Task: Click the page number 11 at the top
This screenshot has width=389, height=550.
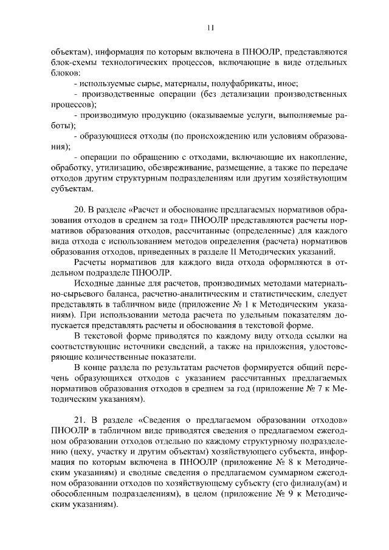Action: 210,27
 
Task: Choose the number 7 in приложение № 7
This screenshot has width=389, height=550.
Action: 319,387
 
